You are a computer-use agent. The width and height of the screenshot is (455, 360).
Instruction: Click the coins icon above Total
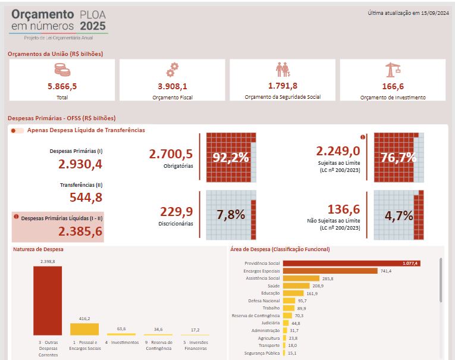point(62,70)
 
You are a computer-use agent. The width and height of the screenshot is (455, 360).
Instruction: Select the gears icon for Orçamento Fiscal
point(172,70)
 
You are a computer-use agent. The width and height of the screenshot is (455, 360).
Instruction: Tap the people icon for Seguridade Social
point(283,70)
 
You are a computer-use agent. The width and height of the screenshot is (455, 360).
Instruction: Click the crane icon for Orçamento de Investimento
point(393,70)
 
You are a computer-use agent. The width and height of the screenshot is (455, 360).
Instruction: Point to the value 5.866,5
point(62,86)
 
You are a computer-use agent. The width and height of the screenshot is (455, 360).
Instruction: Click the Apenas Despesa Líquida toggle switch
point(18,130)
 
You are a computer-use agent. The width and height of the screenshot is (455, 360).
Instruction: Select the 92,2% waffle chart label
point(231,158)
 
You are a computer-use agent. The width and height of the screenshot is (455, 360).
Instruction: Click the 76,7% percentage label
point(398,158)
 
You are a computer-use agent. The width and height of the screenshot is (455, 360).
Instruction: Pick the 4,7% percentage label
point(398,215)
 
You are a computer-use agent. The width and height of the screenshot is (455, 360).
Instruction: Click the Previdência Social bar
point(351,263)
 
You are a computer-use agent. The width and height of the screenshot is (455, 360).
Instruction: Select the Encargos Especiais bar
point(330,271)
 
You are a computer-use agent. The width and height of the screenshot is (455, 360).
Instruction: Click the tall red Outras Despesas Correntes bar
point(48,300)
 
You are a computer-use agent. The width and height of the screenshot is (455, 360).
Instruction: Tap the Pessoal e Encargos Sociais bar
point(84,329)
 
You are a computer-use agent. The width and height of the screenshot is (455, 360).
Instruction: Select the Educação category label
point(270,293)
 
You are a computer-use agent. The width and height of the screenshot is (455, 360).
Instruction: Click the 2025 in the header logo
point(93,26)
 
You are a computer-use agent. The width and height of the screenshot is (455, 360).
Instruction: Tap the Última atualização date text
point(408,12)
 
